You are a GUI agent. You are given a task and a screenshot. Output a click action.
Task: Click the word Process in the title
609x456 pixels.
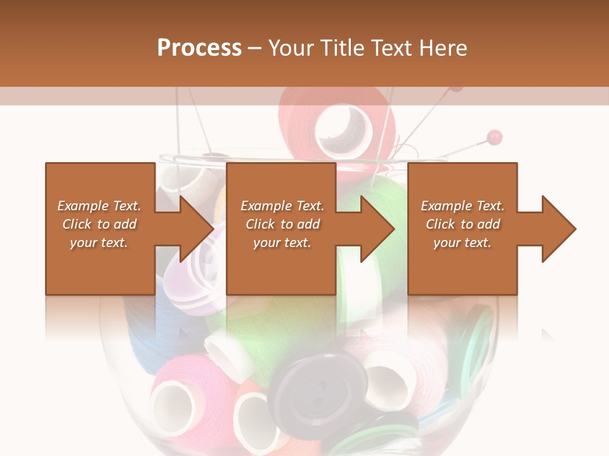(199, 48)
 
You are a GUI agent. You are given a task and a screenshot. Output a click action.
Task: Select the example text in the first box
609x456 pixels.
(99, 224)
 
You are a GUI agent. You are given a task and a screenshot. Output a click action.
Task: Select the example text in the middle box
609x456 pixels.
(282, 224)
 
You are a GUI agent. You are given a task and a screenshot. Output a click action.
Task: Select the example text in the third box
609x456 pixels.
(462, 224)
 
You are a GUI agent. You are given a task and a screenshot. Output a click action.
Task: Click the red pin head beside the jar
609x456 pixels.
(495, 136)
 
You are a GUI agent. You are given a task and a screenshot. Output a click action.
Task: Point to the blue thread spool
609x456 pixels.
(146, 336)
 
